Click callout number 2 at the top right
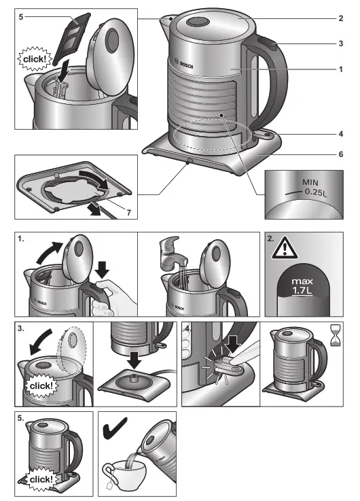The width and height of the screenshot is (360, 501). coord(340,18)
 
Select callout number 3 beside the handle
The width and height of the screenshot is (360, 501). coord(340,44)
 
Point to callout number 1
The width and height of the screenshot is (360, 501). coord(340,69)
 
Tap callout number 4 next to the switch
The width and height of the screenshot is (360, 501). coord(340,133)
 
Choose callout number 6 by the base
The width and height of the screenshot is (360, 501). coord(340,154)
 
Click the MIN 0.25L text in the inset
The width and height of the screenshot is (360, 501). coord(313,187)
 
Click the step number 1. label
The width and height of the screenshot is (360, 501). coord(22,239)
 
